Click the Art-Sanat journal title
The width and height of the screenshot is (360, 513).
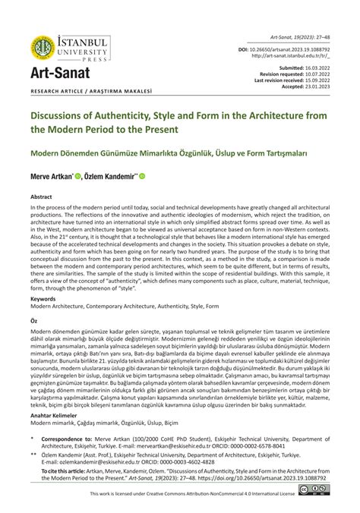60,74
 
